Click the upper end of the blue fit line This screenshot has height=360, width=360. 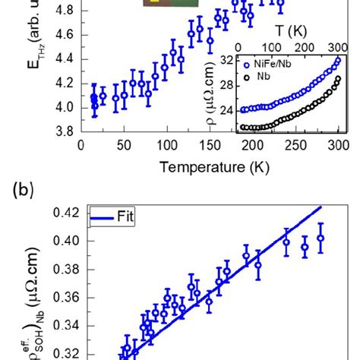[321, 206]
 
